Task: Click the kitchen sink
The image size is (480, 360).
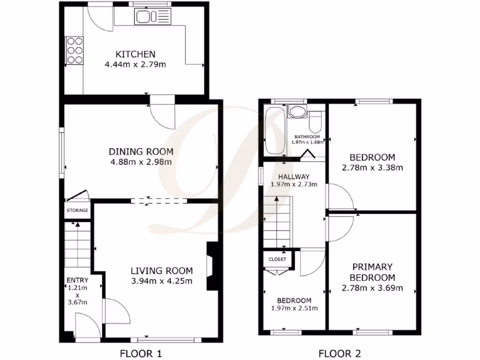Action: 151,18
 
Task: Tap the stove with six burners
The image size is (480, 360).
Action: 74,50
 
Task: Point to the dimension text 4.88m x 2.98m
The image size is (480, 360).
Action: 141,162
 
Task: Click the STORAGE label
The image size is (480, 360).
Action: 77,210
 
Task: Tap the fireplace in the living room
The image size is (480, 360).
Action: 212,266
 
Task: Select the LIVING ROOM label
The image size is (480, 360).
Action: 161,270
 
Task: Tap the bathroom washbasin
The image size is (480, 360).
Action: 296,112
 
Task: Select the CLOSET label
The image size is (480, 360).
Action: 277,259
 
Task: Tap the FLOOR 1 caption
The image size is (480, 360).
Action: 142,353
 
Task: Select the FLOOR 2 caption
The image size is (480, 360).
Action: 340,353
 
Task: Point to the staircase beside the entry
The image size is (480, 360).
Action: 76,246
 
